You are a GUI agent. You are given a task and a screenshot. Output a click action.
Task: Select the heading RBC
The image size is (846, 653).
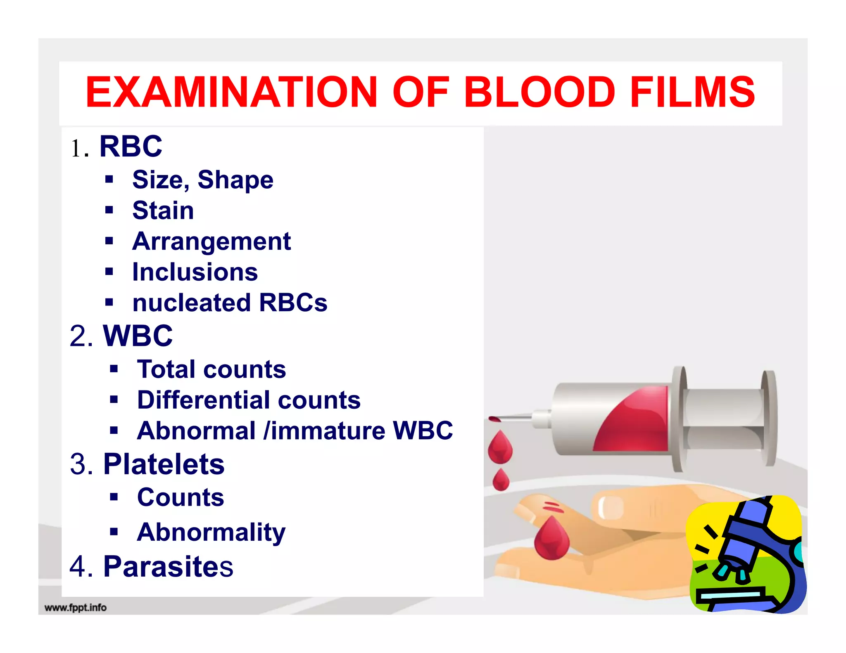pyautogui.click(x=131, y=147)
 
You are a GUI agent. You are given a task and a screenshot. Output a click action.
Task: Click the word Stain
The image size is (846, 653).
pyautogui.click(x=163, y=211)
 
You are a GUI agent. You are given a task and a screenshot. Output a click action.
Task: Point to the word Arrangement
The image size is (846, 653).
pyautogui.click(x=211, y=241)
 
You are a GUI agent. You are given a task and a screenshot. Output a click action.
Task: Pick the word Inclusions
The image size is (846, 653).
pyautogui.click(x=195, y=272)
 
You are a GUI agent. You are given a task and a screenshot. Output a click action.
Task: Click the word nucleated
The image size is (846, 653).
pyautogui.click(x=191, y=303)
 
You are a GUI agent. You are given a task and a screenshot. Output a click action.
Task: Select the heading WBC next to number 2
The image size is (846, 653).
pyautogui.click(x=138, y=336)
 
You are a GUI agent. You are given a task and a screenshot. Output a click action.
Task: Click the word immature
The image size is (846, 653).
pyautogui.click(x=328, y=431)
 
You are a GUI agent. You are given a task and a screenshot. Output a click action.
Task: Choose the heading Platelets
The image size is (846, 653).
pyautogui.click(x=164, y=464)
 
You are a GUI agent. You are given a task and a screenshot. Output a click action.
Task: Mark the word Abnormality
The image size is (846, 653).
pyautogui.click(x=211, y=532)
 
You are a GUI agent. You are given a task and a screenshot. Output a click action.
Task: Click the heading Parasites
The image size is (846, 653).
pyautogui.click(x=168, y=566)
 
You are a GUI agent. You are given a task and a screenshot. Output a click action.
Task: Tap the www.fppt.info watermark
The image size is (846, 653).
pyautogui.click(x=75, y=608)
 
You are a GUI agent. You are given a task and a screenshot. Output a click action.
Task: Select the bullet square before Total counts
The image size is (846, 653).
pyautogui.click(x=114, y=369)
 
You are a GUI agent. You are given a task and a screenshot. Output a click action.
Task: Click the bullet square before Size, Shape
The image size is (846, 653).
pyautogui.click(x=109, y=179)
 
